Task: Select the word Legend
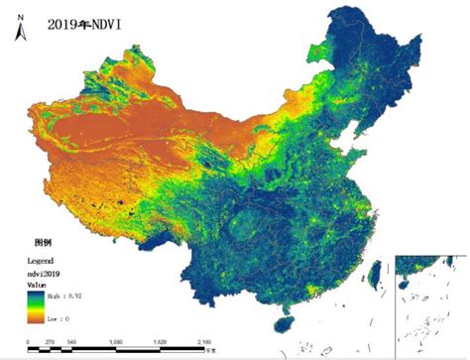[x=38, y=260]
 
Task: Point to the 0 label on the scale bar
[x=30, y=342]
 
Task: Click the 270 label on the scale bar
[x=50, y=342]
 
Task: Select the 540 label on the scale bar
[x=72, y=342]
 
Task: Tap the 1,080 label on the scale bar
[x=117, y=342]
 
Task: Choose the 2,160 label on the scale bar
[x=204, y=342]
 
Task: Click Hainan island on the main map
[x=284, y=323]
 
